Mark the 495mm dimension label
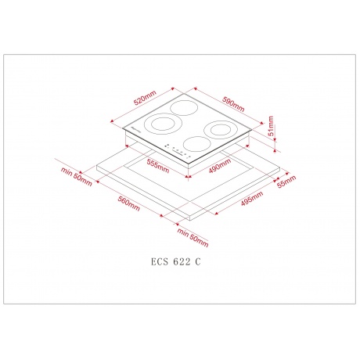coord(251,202)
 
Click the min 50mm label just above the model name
coord(190,234)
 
